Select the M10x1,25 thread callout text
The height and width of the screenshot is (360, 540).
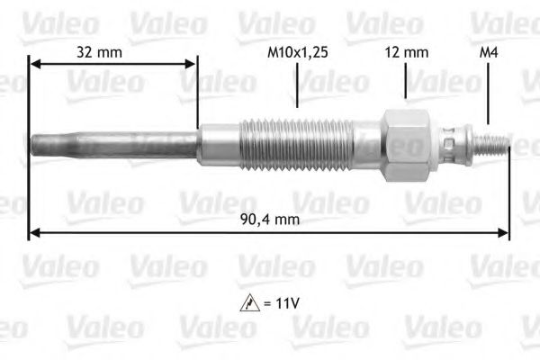[x=297, y=53]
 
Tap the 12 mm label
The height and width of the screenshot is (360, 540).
[x=406, y=53]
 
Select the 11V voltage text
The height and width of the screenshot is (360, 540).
[x=285, y=303]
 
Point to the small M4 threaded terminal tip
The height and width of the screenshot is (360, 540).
[x=496, y=143]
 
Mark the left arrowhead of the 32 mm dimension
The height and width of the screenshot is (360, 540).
[x=35, y=63]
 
